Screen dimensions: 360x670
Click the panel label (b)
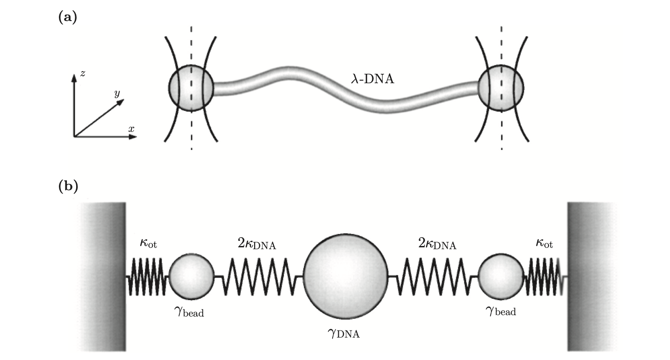point(68,186)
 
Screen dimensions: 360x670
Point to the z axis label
point(82,73)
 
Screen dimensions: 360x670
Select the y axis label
point(117,94)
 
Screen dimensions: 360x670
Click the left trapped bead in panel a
point(191,88)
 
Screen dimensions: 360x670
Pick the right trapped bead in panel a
point(501,88)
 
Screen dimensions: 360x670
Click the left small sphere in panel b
point(192,276)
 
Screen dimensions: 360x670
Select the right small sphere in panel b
point(501,276)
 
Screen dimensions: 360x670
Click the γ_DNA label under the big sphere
point(345,333)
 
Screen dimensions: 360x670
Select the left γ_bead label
point(188,311)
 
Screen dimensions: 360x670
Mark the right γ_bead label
point(500,310)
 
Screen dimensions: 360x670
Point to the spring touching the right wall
point(544,277)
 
